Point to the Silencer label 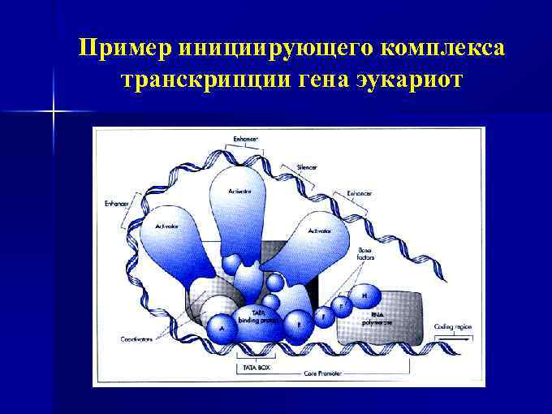click(x=308, y=167)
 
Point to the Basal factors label click(x=365, y=252)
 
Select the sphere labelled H click(x=365, y=295)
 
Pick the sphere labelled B click(x=299, y=322)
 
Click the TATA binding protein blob click(x=259, y=317)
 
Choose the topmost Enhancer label click(x=246, y=140)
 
